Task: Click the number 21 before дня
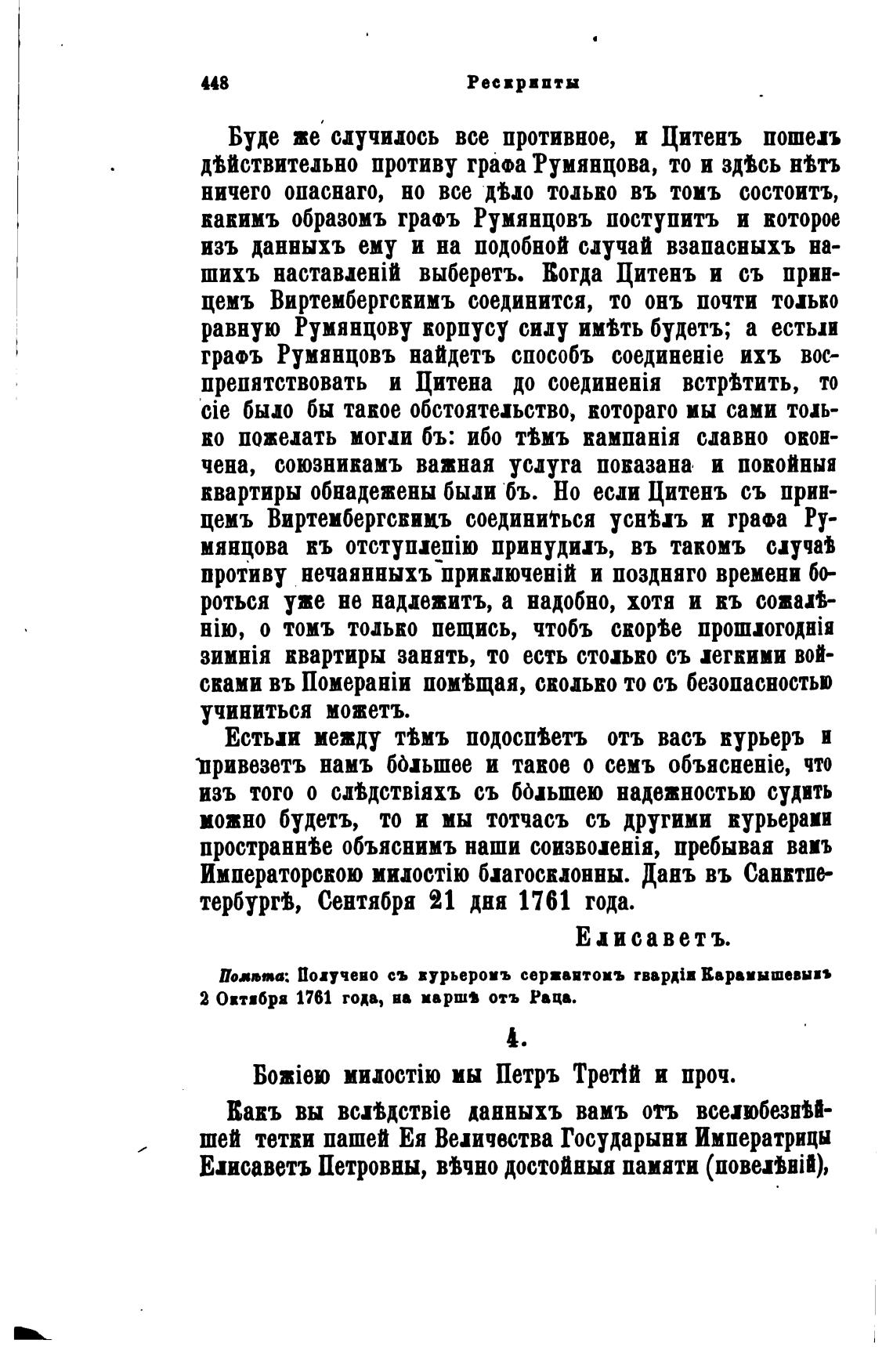(442, 902)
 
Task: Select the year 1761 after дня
(543, 902)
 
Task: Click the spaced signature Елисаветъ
(652, 936)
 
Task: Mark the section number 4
(514, 1038)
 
